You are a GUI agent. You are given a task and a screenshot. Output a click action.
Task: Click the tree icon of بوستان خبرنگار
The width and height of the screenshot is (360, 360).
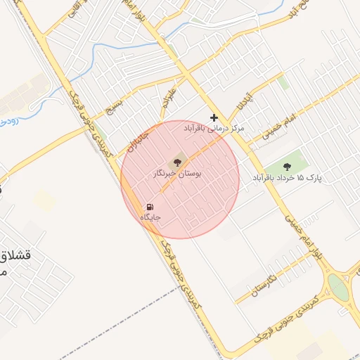(x=176, y=162)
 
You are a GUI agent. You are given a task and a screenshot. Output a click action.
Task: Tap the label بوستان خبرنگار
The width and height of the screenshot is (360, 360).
(x=177, y=173)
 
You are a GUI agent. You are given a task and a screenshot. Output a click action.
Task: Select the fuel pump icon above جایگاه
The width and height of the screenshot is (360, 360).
(x=150, y=207)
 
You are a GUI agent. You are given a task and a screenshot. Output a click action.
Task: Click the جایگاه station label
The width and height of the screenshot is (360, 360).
(x=150, y=217)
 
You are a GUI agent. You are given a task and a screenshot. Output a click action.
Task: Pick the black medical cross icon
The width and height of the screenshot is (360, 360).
(x=214, y=117)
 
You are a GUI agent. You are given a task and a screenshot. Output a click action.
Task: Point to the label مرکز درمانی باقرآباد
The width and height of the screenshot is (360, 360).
(x=214, y=129)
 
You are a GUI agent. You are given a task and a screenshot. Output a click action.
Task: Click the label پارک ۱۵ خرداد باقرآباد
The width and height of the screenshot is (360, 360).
(x=287, y=179)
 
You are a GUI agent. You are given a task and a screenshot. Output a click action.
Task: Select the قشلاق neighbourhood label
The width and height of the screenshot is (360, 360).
(x=22, y=256)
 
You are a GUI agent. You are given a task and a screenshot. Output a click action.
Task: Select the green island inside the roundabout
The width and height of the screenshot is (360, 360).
(x=338, y=288)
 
